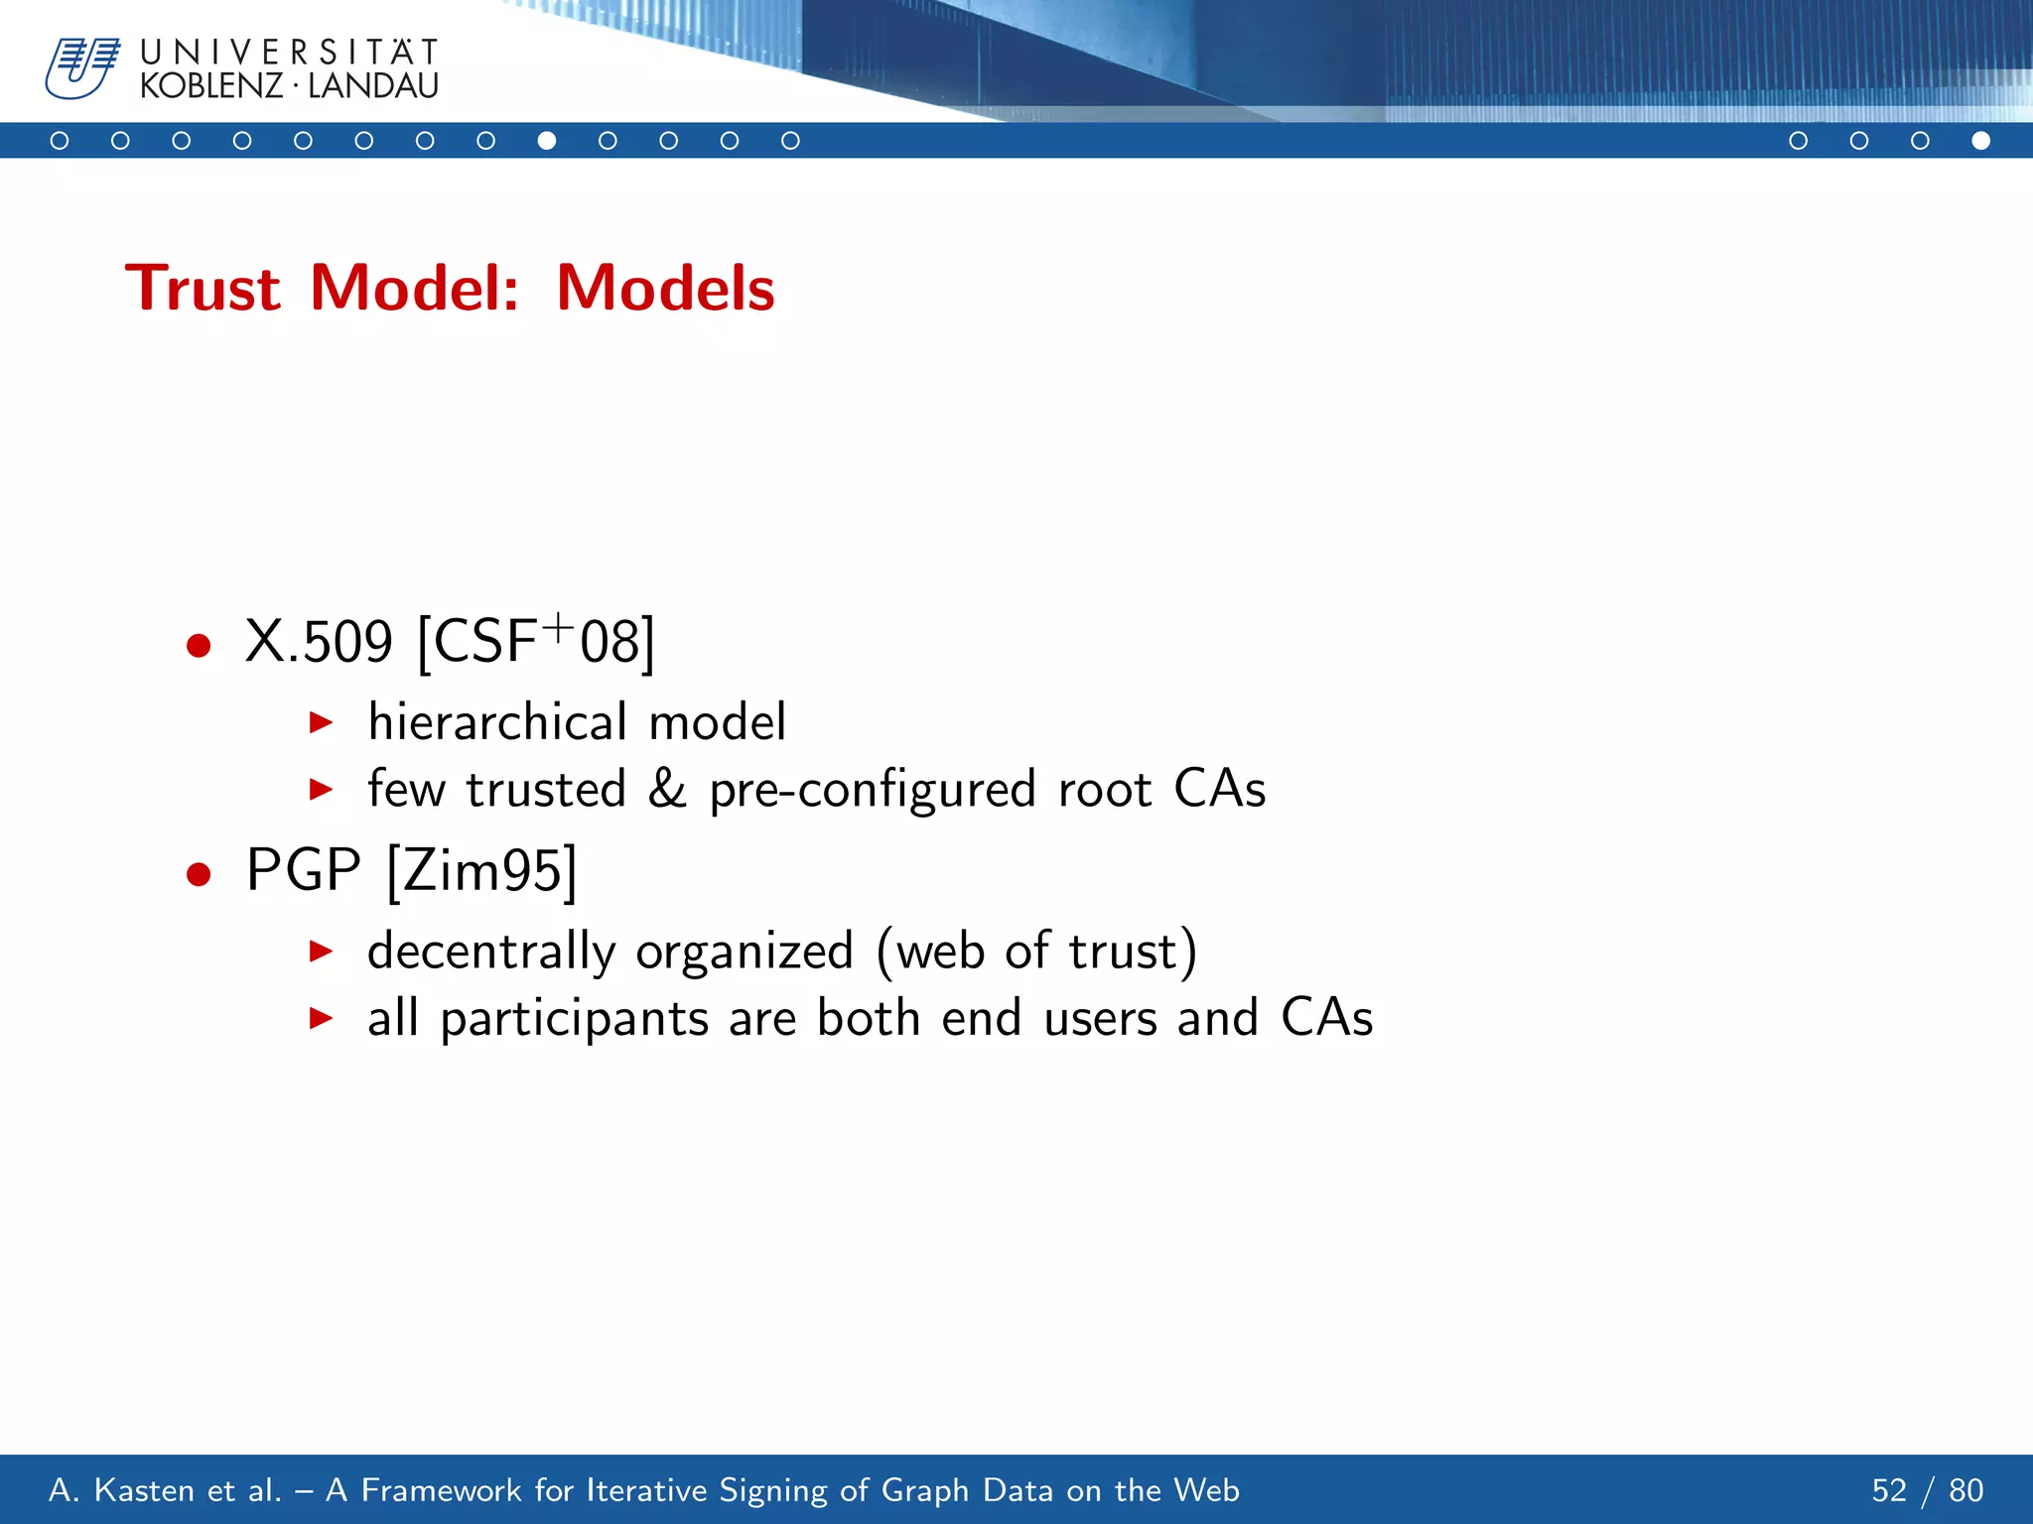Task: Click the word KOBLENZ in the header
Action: [x=211, y=86]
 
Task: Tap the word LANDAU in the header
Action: [x=373, y=86]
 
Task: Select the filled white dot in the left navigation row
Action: [x=547, y=141]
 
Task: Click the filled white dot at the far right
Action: [x=1980, y=141]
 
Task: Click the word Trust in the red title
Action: [x=203, y=289]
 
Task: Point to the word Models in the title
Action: [x=665, y=289]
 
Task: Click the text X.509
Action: [x=319, y=642]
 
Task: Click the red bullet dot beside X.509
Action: [x=199, y=646]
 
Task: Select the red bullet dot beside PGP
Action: [x=199, y=874]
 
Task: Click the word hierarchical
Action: [x=497, y=721]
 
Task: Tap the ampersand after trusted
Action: [x=667, y=789]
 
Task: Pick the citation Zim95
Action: [x=482, y=871]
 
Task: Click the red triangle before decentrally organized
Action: [x=320, y=952]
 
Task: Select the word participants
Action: [x=575, y=1019]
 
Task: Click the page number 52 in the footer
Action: [x=1889, y=1490]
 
